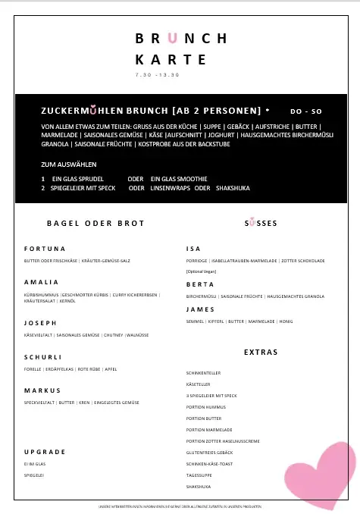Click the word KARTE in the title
pyautogui.click(x=171, y=59)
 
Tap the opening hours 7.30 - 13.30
pyautogui.click(x=157, y=75)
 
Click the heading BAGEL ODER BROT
pyautogui.click(x=95, y=224)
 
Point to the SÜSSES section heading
pyautogui.click(x=261, y=224)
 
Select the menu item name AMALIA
pyautogui.click(x=42, y=281)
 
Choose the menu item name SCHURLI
pyautogui.click(x=43, y=356)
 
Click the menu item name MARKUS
pyautogui.click(x=42, y=390)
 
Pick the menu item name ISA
pyautogui.click(x=193, y=249)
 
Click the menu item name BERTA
pyautogui.click(x=199, y=284)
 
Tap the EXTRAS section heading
pyautogui.click(x=261, y=353)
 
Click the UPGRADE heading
pyautogui.click(x=45, y=451)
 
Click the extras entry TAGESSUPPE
pyautogui.click(x=199, y=475)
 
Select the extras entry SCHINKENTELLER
pyautogui.click(x=205, y=373)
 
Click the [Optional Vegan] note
pyautogui.click(x=201, y=271)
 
